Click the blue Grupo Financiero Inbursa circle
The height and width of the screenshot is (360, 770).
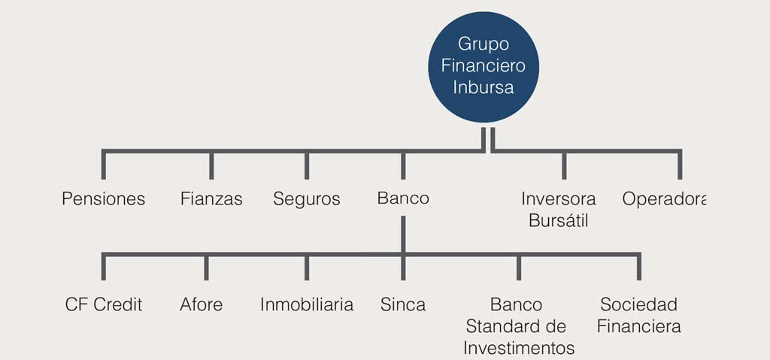tap(484, 67)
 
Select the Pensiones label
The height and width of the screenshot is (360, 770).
tap(104, 199)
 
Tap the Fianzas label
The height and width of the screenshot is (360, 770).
tap(211, 199)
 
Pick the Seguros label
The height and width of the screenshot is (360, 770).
tap(307, 199)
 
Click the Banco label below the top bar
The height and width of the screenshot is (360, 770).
tap(403, 198)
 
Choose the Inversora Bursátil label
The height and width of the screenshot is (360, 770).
tap(559, 210)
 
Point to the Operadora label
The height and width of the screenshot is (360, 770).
tap(664, 199)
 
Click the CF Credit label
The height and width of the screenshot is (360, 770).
tap(104, 304)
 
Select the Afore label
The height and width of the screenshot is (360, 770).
tap(201, 304)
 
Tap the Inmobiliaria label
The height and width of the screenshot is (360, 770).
tap(307, 304)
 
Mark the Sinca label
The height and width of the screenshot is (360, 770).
tap(403, 304)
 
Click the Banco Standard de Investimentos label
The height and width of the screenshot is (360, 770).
tap(519, 326)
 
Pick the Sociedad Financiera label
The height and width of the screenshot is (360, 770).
tap(639, 316)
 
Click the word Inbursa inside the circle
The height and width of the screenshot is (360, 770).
tap(484, 87)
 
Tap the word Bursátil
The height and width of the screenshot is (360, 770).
tap(559, 220)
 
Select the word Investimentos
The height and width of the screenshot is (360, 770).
tap(519, 348)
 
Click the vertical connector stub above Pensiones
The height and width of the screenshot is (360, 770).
tap(104, 164)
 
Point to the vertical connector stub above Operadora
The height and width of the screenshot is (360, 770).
tap(680, 164)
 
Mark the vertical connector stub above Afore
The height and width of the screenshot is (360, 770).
tap(206, 267)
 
